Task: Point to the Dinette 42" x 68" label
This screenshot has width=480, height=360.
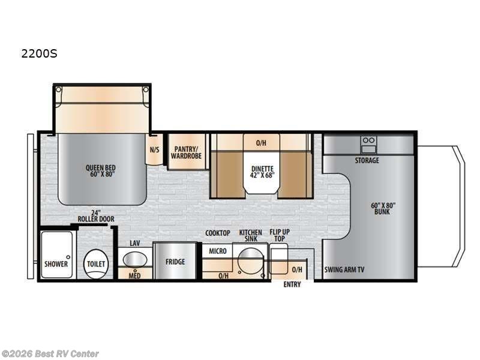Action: click(262, 172)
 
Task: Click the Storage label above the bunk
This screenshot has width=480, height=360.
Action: click(367, 161)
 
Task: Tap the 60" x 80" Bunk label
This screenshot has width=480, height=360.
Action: click(383, 208)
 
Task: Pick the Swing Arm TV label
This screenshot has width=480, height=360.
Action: click(344, 269)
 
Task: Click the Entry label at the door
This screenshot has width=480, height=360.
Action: click(292, 284)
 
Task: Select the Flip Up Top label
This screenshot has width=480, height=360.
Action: click(278, 235)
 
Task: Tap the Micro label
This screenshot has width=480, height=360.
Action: click(218, 251)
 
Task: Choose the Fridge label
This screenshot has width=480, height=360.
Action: click(175, 262)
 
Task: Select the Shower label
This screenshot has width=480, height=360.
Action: click(56, 264)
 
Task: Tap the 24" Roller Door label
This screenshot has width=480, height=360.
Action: click(95, 215)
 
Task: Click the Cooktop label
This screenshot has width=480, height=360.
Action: click(218, 233)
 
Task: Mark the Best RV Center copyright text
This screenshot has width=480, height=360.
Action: click(50, 354)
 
